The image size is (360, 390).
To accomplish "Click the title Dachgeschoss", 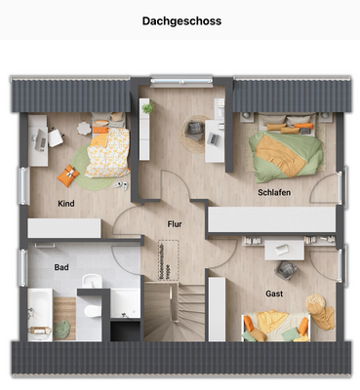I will (180, 19).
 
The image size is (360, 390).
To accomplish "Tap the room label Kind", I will (66, 204).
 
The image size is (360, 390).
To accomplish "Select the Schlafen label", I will (274, 193).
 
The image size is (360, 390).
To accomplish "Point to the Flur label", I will (175, 223).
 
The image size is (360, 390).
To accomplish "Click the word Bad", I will (60, 266).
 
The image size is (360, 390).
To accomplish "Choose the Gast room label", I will (274, 292).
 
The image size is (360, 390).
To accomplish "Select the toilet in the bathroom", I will (91, 311).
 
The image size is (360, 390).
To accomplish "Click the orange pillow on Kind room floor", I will (66, 175).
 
